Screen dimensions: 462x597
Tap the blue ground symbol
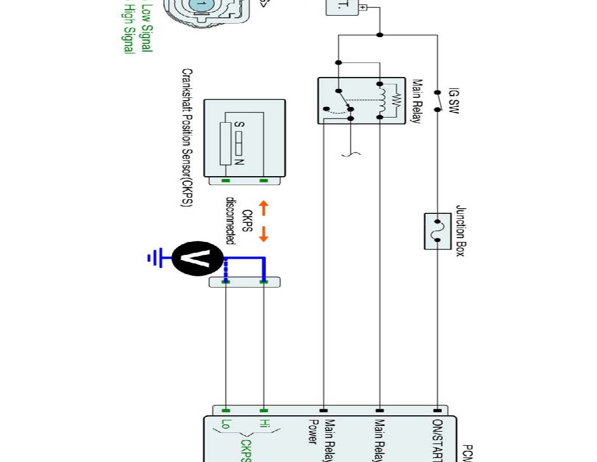(x=152, y=258)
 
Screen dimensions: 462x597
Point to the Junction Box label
(x=460, y=231)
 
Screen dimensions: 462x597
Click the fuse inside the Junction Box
(x=437, y=231)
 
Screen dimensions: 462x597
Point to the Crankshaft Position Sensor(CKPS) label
(x=187, y=138)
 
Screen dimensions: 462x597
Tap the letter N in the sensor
(x=238, y=162)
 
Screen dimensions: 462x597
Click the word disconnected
(x=230, y=219)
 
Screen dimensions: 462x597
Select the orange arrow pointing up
(x=263, y=209)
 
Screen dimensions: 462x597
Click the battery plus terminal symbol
(x=363, y=8)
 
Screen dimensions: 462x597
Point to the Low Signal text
(x=146, y=27)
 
